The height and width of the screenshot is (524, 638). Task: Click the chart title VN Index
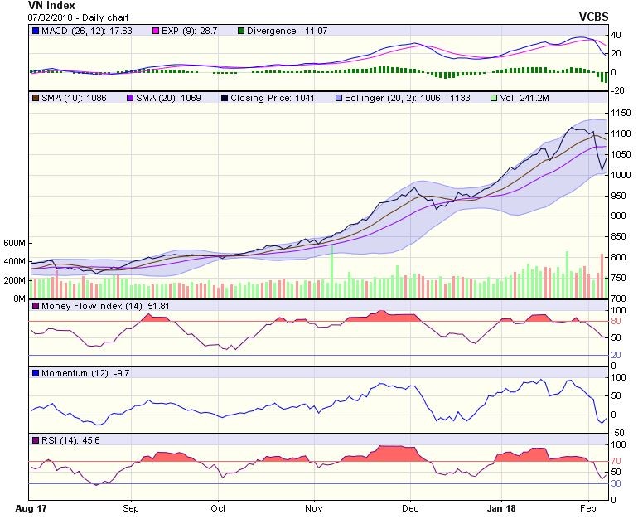(x=51, y=5)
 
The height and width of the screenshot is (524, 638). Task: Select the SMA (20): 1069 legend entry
(x=165, y=98)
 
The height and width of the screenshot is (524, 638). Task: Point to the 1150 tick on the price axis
(x=622, y=112)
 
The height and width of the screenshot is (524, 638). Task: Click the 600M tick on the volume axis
(x=14, y=244)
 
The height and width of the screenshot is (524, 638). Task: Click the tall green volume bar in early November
(x=331, y=271)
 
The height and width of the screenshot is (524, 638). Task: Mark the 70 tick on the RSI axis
(x=618, y=461)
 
